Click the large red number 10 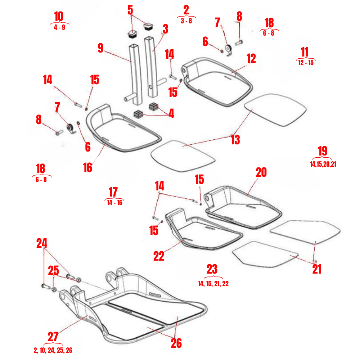tap(59, 17)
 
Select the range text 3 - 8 tap(186, 21)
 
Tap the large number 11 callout tap(305, 52)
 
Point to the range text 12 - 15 tap(305, 62)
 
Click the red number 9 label tap(100, 48)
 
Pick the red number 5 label tap(130, 10)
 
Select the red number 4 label tap(171, 114)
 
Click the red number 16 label tap(87, 167)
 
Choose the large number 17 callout tap(113, 193)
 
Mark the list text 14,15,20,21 tap(323, 164)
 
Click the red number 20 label tap(261, 172)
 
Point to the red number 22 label tap(159, 256)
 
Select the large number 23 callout tap(212, 269)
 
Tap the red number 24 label tap(42, 243)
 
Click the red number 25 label tap(53, 270)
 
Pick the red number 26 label tap(176, 343)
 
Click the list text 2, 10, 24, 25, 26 tap(53, 350)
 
